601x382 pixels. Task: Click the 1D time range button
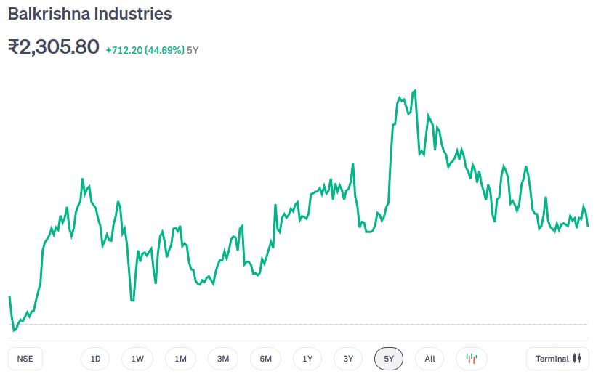95,359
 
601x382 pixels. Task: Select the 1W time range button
137,359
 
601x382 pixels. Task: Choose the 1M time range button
180,359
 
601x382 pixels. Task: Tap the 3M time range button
223,359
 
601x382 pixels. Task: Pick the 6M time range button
265,359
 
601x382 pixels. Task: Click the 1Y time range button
307,359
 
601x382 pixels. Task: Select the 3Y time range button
348,359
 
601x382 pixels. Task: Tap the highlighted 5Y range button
389,359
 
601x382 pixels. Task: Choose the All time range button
429,359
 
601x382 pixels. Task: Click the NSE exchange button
25,359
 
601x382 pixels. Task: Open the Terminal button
557,359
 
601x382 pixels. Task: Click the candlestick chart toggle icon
472,359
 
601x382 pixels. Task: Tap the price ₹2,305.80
53,47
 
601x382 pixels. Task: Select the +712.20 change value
124,51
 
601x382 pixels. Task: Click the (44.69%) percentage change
164,51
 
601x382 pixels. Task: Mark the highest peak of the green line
415,91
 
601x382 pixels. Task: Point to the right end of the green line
588,225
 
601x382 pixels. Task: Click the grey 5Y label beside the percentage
193,51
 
